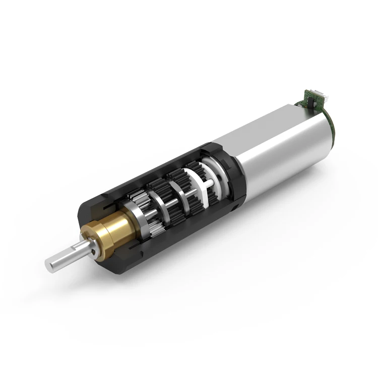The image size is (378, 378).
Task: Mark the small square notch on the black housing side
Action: pos(235,207)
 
